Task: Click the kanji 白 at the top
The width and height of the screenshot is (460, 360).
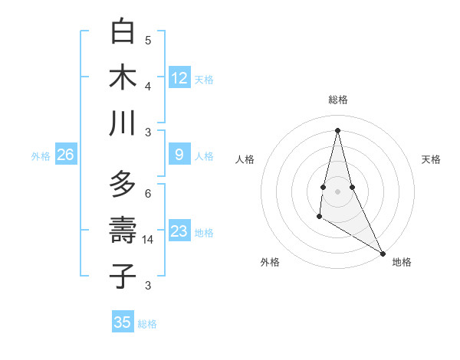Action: (x=123, y=33)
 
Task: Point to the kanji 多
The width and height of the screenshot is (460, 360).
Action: (x=123, y=185)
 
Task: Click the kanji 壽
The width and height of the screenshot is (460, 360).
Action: (x=123, y=230)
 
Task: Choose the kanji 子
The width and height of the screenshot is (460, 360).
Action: (x=123, y=276)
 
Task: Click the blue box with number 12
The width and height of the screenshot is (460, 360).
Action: (x=179, y=78)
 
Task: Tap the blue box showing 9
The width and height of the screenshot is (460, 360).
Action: (x=179, y=155)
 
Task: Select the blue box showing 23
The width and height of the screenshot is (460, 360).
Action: (x=179, y=231)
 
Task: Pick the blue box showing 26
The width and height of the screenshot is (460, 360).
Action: (x=65, y=155)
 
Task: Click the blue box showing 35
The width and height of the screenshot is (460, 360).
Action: (x=123, y=322)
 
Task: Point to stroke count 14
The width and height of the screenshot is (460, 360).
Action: (x=148, y=240)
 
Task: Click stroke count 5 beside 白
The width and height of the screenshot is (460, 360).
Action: (x=148, y=40)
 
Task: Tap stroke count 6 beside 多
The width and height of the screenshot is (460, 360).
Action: (x=148, y=193)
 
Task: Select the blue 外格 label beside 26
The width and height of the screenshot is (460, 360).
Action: (x=41, y=156)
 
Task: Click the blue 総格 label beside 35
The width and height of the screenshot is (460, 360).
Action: (x=147, y=324)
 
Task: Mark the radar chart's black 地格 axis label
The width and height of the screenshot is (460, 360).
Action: (x=402, y=262)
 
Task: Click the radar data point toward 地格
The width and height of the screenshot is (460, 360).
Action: (x=383, y=254)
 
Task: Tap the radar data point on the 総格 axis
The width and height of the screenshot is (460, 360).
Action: (x=337, y=129)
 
